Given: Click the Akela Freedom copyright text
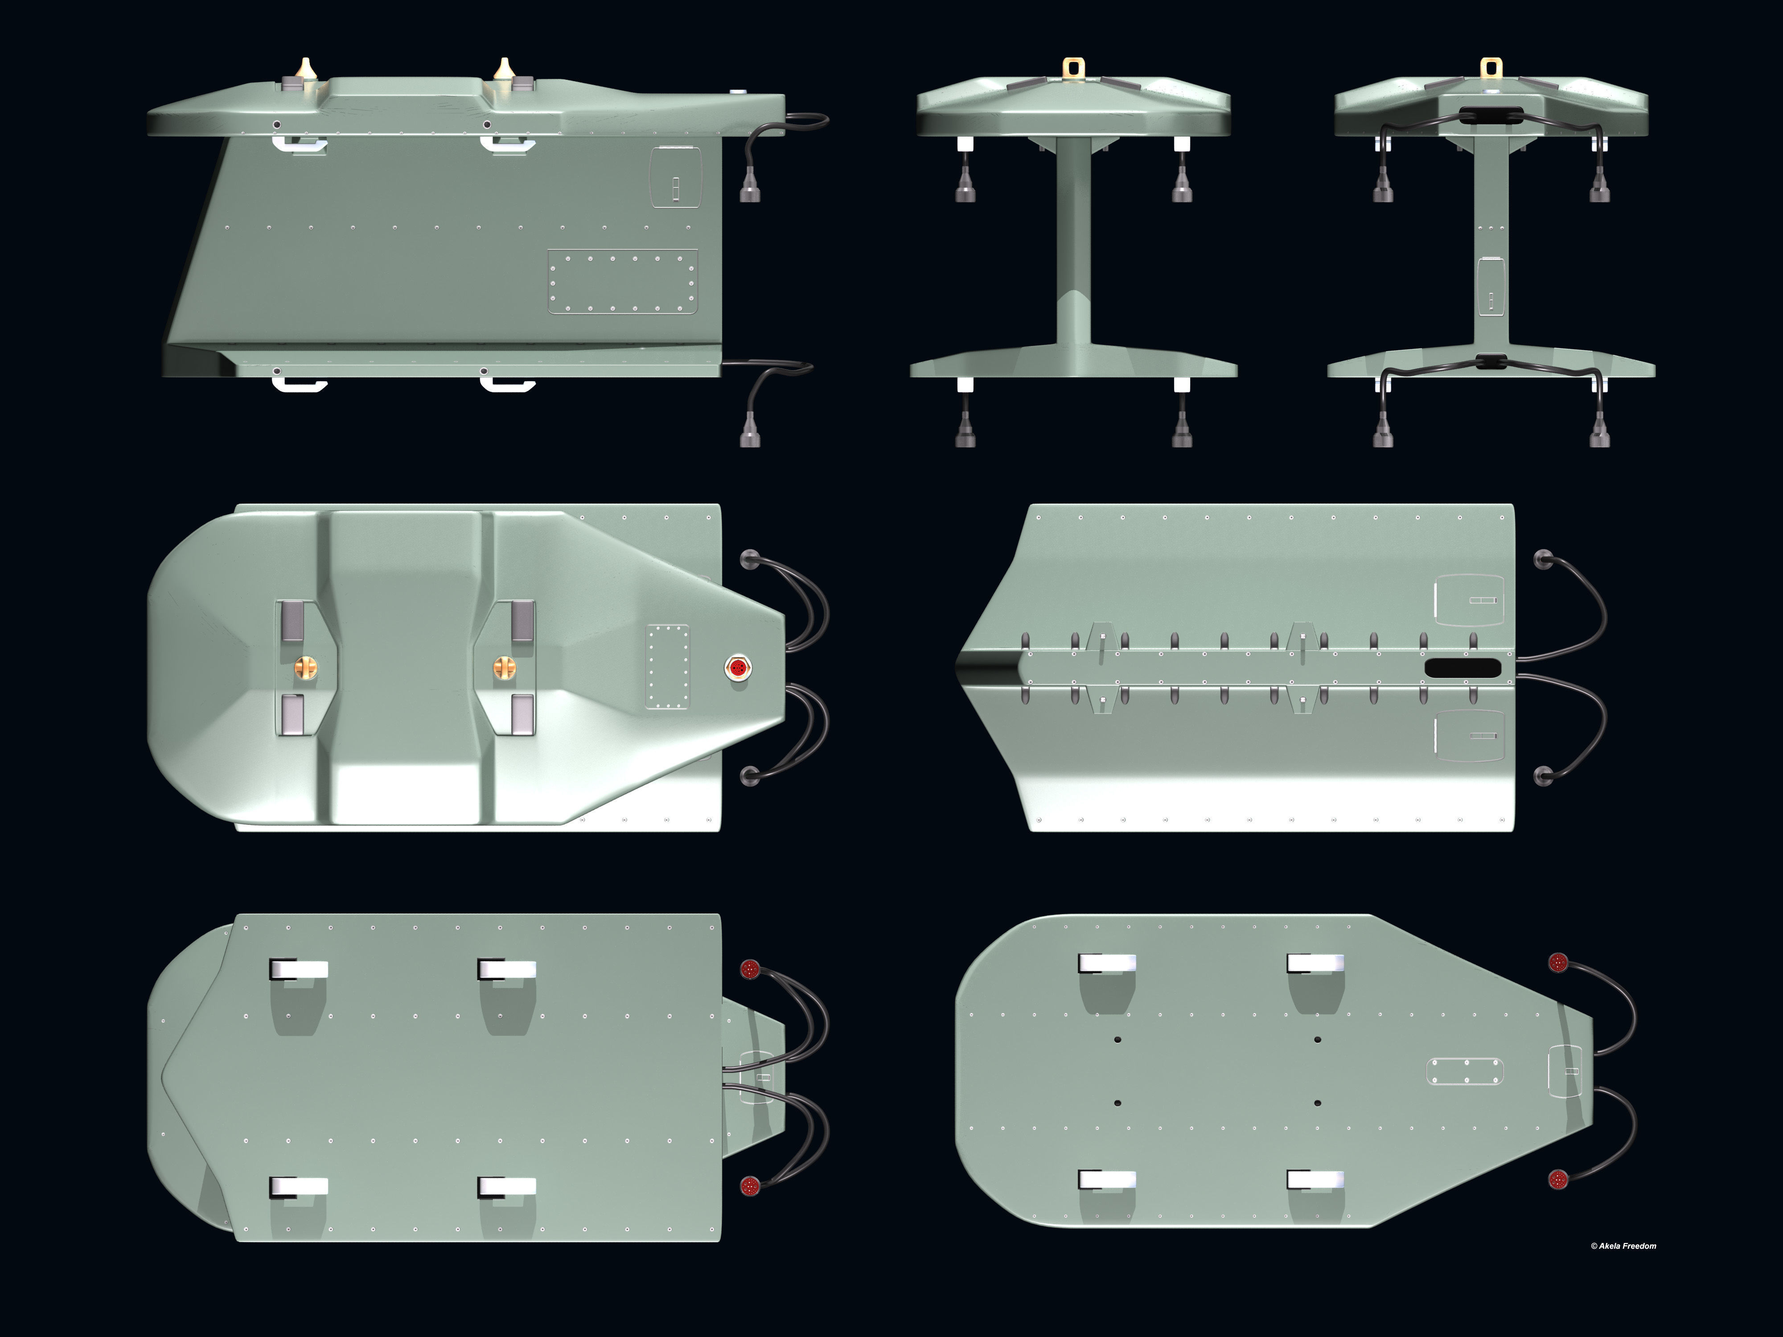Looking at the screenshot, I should (x=1623, y=1246).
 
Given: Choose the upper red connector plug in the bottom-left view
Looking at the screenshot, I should (x=750, y=969).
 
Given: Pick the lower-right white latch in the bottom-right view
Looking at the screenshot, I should (x=1315, y=1180).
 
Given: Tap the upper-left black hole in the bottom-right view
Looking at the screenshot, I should (x=1118, y=1040).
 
